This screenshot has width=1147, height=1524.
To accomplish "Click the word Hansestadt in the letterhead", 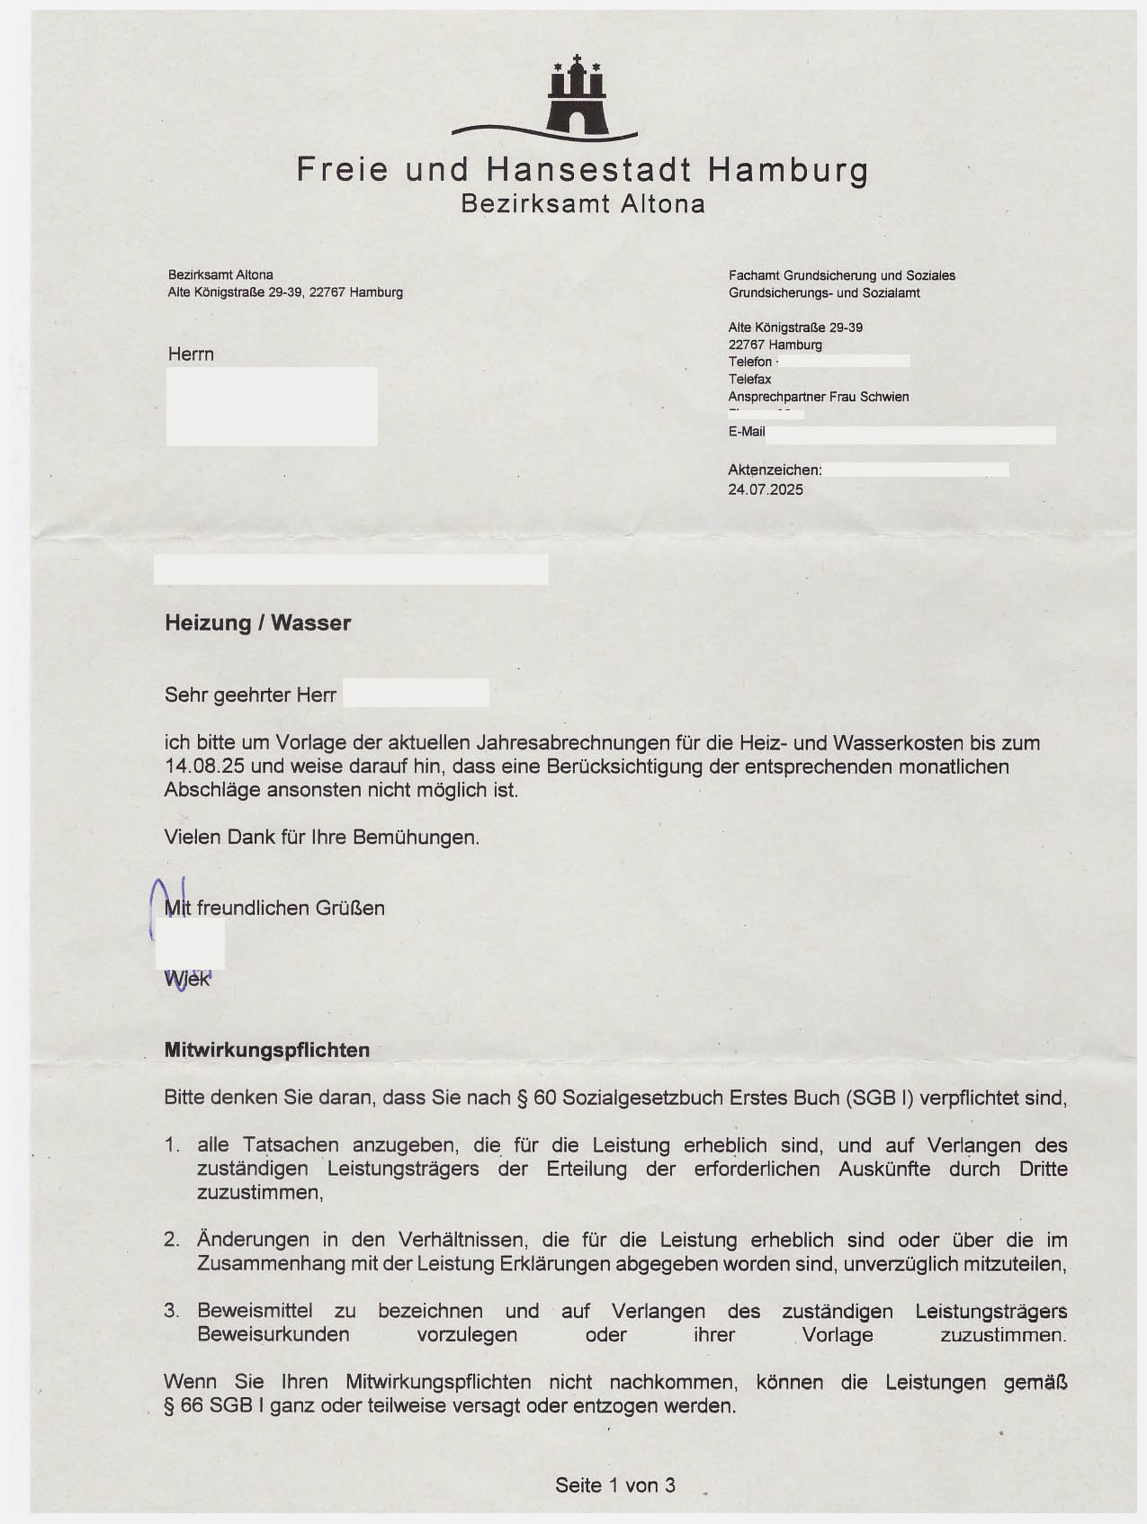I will tap(589, 169).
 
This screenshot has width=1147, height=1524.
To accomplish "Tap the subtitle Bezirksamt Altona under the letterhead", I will tap(583, 204).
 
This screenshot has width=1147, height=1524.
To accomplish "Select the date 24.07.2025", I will tap(766, 489).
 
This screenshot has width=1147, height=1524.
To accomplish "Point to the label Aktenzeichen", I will tap(775, 470).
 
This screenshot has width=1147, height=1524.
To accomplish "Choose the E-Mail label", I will tap(747, 432).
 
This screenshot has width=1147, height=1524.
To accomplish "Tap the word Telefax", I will tap(749, 380).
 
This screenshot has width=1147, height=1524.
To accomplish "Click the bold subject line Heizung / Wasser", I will tap(257, 623).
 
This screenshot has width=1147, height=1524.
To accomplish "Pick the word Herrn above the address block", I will tap(191, 354).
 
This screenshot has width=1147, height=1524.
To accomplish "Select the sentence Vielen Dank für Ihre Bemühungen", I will tap(321, 838).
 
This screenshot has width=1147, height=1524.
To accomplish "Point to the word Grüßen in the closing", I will tap(350, 909).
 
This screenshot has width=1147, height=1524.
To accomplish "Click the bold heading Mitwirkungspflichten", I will tap(267, 1050).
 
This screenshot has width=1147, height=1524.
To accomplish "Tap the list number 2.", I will tap(171, 1241).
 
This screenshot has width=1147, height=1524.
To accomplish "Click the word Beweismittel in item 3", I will tap(255, 1311).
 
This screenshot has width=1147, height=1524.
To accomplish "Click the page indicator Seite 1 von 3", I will tap(615, 1485).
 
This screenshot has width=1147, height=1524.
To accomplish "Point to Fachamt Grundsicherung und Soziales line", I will tap(842, 275).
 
